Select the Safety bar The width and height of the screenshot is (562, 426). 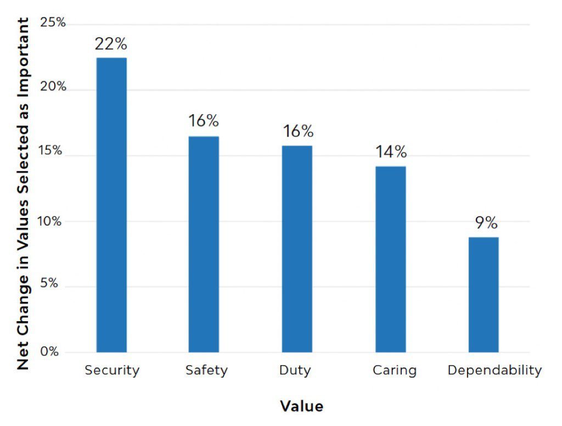204,244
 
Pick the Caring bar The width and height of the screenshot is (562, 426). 390,259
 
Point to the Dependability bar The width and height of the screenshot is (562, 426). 484,294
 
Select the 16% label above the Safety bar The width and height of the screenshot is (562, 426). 204,121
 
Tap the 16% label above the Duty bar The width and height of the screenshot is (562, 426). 298,132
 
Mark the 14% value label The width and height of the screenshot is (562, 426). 391,152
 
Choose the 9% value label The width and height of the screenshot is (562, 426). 486,223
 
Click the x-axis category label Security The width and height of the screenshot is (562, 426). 112,371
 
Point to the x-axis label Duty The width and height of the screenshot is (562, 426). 295,371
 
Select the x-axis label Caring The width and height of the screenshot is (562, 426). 395,371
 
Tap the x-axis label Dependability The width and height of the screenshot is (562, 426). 494,371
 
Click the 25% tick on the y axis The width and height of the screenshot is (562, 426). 53,23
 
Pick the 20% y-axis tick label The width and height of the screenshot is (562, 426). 53,87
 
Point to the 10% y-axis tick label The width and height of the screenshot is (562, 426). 53,221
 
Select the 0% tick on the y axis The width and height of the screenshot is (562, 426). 49,352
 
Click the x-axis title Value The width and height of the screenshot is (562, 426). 301,406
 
